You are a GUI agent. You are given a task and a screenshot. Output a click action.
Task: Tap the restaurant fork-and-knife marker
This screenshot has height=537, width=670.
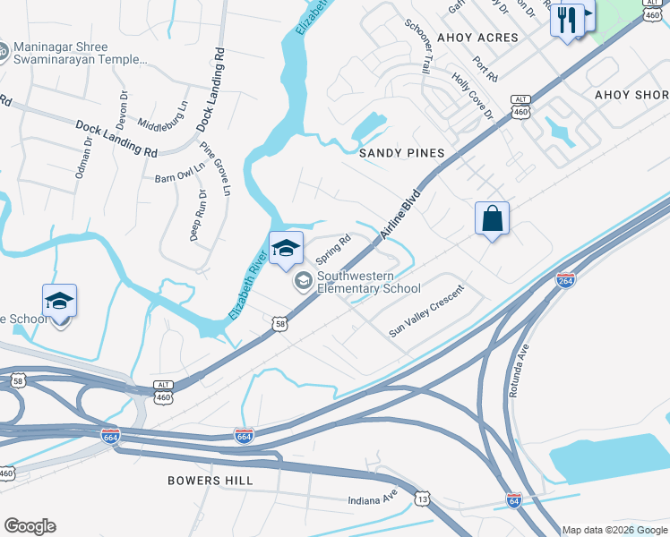pyautogui.click(x=567, y=20)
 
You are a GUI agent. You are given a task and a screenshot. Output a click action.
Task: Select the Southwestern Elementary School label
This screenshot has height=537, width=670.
pyautogui.click(x=368, y=282)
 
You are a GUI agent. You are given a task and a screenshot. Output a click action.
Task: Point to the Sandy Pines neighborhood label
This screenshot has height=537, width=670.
pyautogui.click(x=402, y=153)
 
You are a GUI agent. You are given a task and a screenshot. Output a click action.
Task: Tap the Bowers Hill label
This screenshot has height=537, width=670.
pyautogui.click(x=210, y=481)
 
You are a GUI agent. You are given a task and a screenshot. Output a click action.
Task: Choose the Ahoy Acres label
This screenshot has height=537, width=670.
pyautogui.click(x=477, y=38)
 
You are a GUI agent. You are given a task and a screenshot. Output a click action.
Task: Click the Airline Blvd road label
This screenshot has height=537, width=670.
pyautogui.click(x=400, y=214)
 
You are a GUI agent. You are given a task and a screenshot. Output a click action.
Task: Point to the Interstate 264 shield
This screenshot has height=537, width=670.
pyautogui.click(x=565, y=280)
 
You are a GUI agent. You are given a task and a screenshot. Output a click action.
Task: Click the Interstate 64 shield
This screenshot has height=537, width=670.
pyautogui.click(x=514, y=499)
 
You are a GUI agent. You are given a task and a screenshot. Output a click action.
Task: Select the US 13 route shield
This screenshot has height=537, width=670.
pyautogui.click(x=422, y=497)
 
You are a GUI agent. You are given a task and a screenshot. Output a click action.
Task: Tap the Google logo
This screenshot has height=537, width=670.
pyautogui.click(x=30, y=526)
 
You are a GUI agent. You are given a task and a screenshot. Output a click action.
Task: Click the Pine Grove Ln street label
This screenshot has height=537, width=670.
pyautogui.click(x=215, y=169)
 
